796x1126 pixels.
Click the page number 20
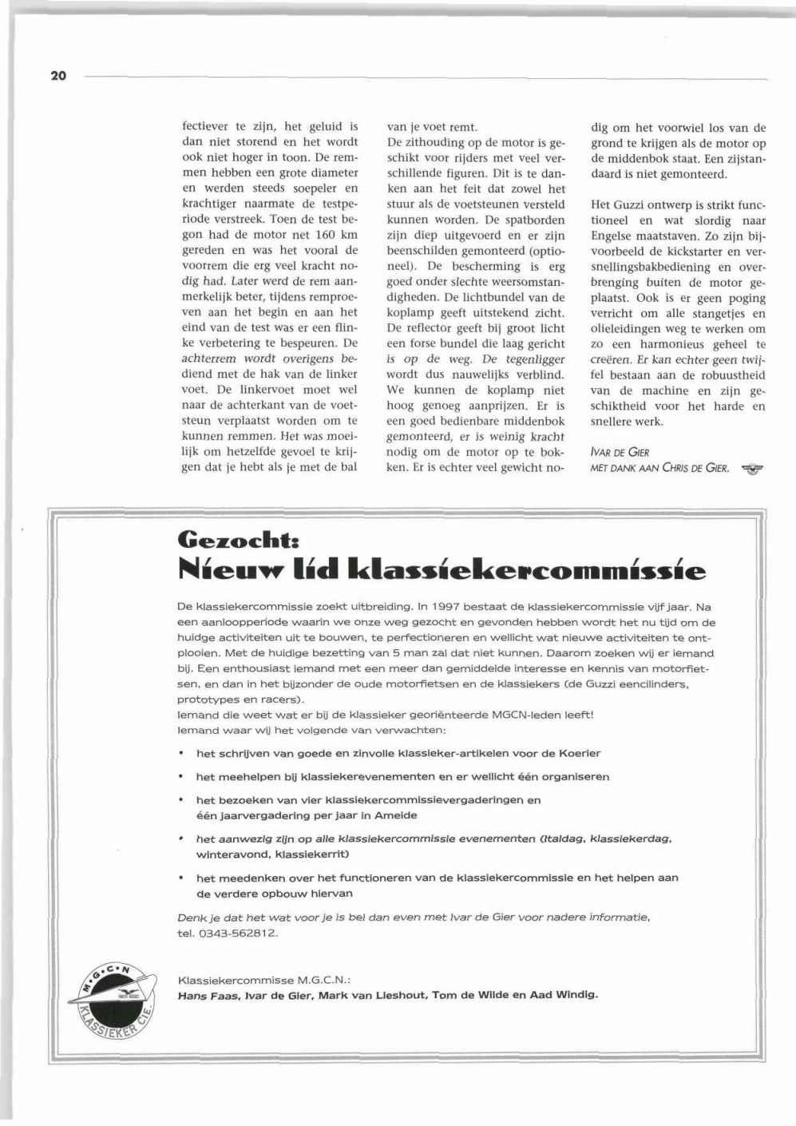tap(57, 76)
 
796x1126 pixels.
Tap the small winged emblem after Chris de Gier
tap(752, 469)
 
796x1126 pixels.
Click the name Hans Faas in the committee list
tap(206, 995)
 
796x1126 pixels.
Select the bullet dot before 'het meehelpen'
tap(181, 776)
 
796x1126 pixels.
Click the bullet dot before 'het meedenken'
tap(181, 878)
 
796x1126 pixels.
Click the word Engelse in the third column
tap(613, 236)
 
